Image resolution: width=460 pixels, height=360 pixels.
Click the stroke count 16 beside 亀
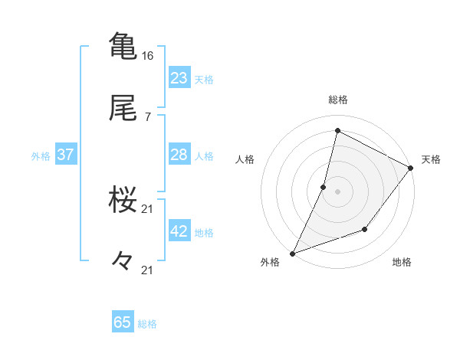148,56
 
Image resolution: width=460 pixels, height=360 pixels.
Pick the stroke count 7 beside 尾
148,117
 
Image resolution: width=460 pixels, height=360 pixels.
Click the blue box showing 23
179,77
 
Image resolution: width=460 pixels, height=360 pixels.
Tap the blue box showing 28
179,155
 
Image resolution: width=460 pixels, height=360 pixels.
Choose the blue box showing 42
179,231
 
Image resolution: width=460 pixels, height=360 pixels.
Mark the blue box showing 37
66,155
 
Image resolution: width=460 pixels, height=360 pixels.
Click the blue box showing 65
123,322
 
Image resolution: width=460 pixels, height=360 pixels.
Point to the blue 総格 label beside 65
147,324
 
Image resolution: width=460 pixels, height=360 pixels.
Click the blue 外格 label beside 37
41,156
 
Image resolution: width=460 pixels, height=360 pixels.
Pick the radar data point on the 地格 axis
365,229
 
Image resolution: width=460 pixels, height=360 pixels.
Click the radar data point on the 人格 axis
324,186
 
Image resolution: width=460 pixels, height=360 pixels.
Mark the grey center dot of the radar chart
337,191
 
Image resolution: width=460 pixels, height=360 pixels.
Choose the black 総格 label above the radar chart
337,100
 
